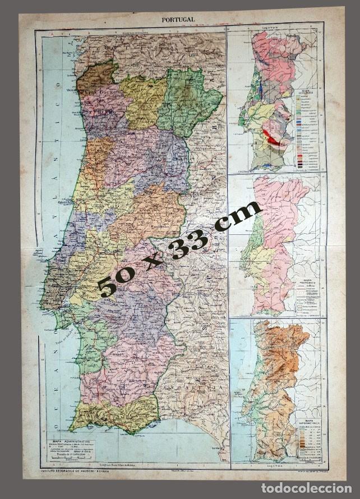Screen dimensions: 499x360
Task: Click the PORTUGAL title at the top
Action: click(x=178, y=19)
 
